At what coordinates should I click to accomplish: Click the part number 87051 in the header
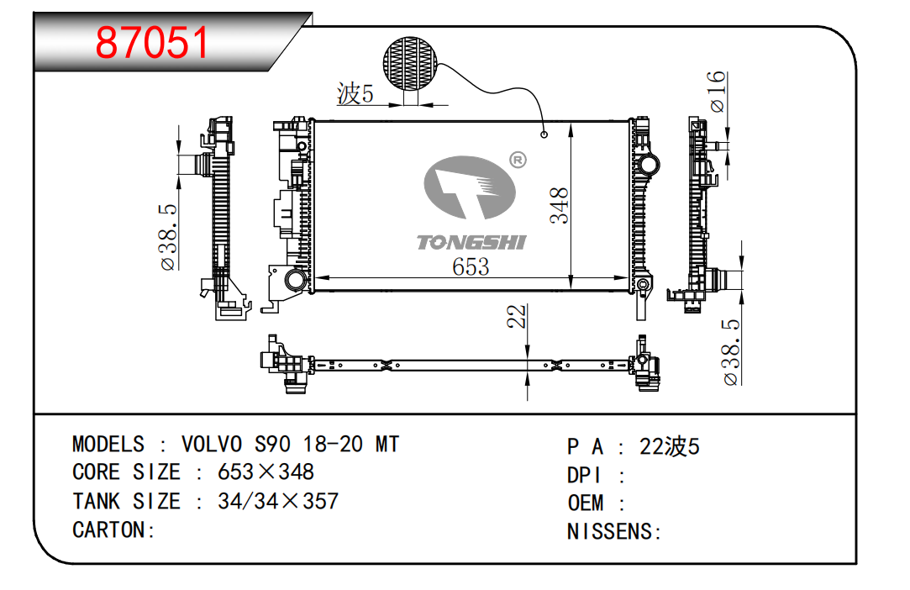click(x=152, y=41)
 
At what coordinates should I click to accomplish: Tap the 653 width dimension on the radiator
click(x=471, y=266)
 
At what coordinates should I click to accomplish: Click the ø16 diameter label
click(x=717, y=92)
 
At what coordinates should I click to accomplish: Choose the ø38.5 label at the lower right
click(x=731, y=351)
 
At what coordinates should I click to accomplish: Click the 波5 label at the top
click(x=355, y=94)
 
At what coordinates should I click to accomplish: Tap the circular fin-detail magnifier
click(x=410, y=61)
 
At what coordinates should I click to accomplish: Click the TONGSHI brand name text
click(x=471, y=242)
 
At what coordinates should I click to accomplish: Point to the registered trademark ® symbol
click(x=518, y=159)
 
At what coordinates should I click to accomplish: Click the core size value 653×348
click(x=266, y=471)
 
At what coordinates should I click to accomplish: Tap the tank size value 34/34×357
click(x=277, y=501)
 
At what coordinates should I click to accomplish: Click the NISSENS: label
click(x=614, y=531)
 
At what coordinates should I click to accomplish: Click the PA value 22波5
click(x=669, y=446)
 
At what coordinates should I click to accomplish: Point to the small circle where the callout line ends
click(x=544, y=134)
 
